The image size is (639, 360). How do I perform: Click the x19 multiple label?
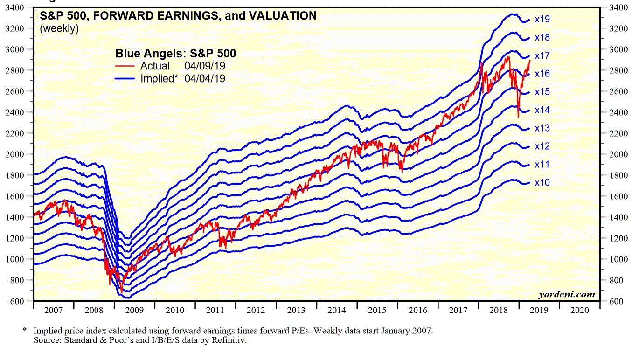(542, 20)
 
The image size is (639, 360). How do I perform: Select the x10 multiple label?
(542, 183)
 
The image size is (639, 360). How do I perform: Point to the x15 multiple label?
(542, 92)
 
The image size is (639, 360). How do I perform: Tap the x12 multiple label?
(542, 146)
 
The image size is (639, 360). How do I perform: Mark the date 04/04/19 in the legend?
(205, 79)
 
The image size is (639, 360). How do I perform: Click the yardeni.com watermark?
(567, 294)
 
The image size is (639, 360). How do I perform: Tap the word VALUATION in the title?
(281, 16)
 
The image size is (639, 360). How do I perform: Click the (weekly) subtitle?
(59, 28)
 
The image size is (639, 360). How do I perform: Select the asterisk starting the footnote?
(25, 330)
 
